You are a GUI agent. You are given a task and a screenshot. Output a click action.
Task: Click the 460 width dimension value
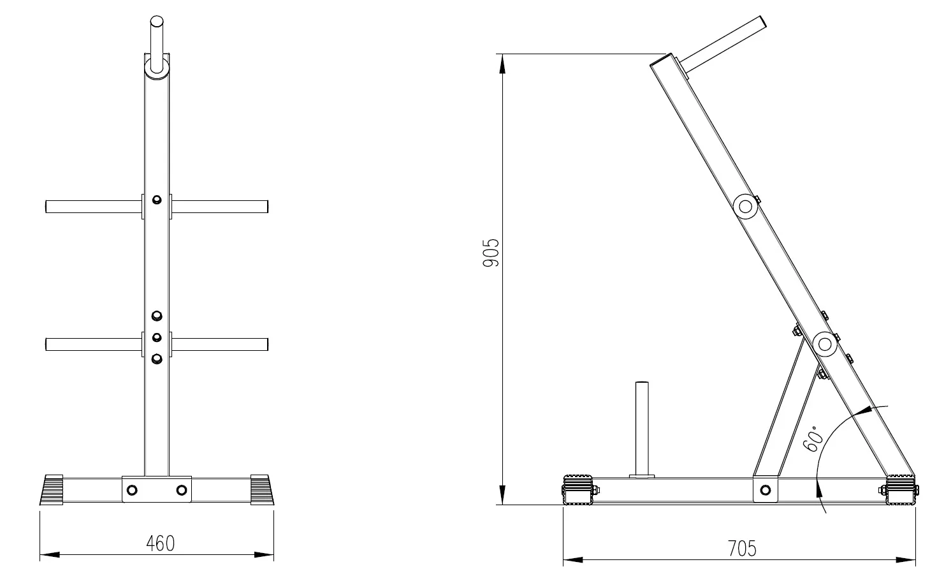coord(160,543)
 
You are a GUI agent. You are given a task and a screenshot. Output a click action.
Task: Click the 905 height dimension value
coord(491,253)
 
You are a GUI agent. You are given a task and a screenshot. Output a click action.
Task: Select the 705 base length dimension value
coord(742,549)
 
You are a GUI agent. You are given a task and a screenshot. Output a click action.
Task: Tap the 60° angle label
coord(813,439)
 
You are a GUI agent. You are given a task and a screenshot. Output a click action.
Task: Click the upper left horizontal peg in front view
coord(94,207)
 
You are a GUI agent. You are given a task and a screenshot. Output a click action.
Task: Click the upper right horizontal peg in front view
coord(220,207)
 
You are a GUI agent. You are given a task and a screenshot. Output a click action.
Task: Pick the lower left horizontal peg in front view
coord(94,344)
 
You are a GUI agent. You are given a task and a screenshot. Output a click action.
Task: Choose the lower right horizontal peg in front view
coord(220,344)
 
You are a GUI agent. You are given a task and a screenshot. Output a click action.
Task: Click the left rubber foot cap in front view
coord(52,489)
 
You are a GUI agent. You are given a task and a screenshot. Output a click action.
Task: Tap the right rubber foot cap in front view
coord(262,489)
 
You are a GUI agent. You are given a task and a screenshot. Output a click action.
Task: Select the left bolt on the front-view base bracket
coord(132,490)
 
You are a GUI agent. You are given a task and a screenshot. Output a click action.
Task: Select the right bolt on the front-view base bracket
coord(182,490)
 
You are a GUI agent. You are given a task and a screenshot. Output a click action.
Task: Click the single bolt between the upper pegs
coord(157,200)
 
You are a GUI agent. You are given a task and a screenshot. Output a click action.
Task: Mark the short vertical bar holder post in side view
coord(642,430)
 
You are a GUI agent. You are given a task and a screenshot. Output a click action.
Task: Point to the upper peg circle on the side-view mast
coord(745,207)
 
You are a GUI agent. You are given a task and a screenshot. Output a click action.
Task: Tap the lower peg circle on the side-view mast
coord(825,344)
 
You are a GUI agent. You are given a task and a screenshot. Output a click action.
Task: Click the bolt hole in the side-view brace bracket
coord(766,490)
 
